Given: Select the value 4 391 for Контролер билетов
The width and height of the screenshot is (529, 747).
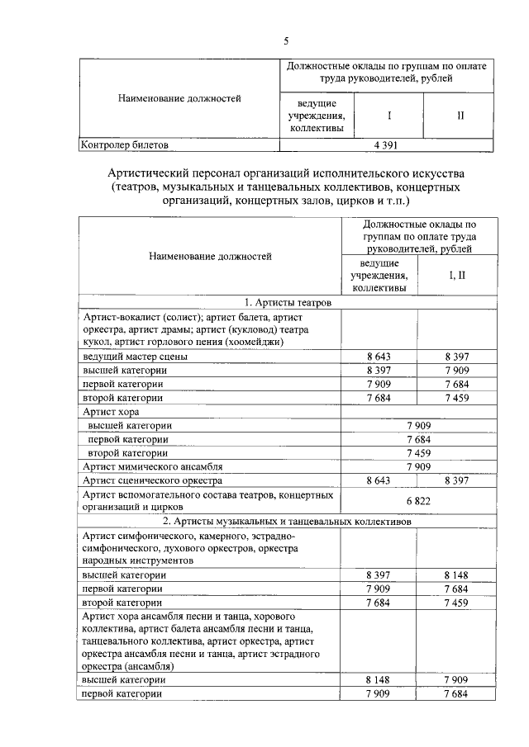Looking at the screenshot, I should (388, 144).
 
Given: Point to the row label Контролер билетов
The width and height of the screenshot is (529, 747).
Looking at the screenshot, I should (123, 144).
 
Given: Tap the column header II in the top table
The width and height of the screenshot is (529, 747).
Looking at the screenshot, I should (460, 116).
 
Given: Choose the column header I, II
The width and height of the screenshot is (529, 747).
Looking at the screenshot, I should (457, 274).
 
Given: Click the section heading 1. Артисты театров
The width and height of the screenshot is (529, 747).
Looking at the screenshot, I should (288, 303).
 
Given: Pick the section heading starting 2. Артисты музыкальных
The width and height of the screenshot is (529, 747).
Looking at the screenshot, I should (288, 522).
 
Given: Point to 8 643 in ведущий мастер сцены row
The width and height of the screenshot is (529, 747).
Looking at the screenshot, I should (379, 357).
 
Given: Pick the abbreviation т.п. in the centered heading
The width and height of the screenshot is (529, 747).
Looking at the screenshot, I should (392, 201).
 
